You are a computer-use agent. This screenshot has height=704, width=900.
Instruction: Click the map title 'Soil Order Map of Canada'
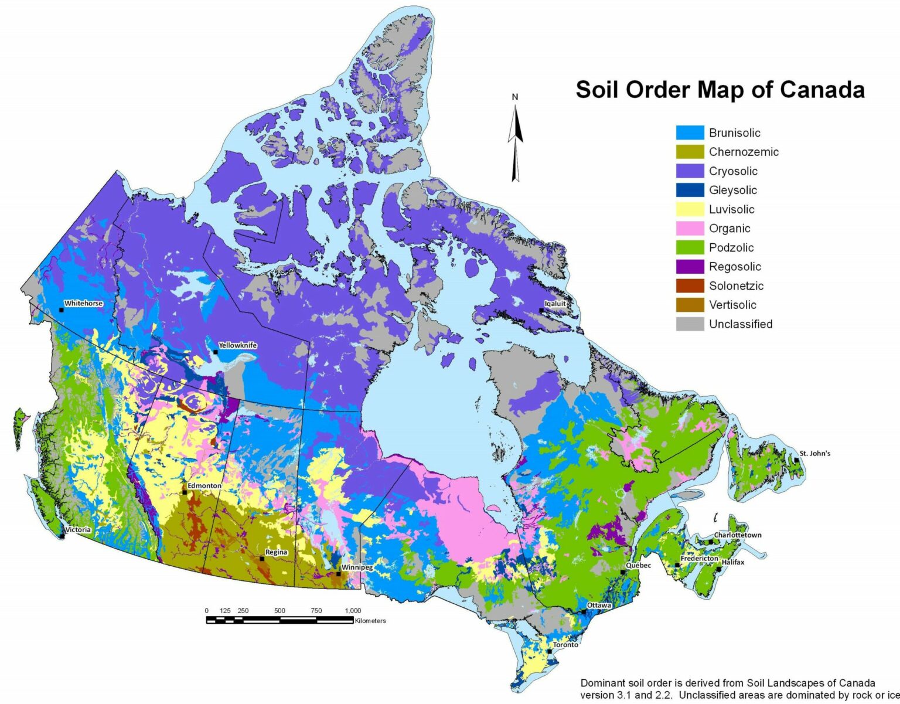(x=720, y=90)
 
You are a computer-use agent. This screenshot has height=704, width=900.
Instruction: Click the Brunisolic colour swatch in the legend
(x=690, y=132)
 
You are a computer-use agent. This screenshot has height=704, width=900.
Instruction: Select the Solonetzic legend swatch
(x=690, y=286)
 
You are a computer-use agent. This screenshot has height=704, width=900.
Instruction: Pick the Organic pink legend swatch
(x=690, y=229)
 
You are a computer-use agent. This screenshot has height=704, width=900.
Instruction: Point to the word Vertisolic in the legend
(x=732, y=305)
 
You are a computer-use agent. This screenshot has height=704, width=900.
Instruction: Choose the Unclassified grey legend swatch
(x=690, y=324)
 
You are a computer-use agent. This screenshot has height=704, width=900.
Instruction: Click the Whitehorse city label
(x=83, y=303)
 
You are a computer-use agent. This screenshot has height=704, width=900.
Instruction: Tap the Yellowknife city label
(x=237, y=345)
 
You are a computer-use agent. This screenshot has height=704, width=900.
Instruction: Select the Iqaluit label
(x=555, y=304)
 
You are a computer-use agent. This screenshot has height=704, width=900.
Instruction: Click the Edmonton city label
(x=204, y=485)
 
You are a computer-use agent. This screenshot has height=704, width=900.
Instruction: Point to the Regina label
(x=276, y=552)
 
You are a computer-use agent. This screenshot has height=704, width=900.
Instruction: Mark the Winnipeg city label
(x=357, y=567)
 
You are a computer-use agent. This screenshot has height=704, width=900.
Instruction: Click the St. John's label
(x=815, y=453)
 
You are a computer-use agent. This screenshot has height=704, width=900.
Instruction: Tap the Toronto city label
(x=565, y=644)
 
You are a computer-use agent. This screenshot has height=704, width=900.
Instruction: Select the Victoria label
(x=78, y=529)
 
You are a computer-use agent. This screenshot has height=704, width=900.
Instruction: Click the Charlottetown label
(x=737, y=535)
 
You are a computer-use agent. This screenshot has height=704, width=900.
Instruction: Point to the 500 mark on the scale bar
(x=280, y=611)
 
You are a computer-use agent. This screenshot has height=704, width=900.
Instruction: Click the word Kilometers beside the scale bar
(x=370, y=621)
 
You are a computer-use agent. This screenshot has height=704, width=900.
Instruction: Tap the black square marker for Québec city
(x=622, y=572)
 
